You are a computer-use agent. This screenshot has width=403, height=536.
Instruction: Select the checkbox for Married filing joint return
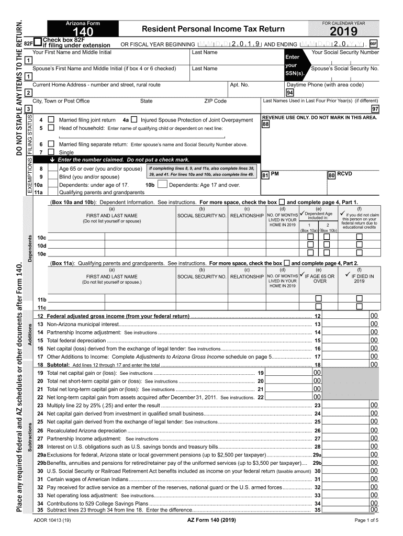(x=51, y=120)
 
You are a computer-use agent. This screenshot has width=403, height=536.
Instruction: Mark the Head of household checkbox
(x=51, y=128)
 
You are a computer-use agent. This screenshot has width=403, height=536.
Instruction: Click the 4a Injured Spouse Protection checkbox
(x=135, y=120)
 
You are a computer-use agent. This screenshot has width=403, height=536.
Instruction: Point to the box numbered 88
(x=266, y=125)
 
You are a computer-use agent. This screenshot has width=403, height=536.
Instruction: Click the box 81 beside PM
(x=265, y=175)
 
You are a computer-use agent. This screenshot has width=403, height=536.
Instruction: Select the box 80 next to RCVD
(x=331, y=175)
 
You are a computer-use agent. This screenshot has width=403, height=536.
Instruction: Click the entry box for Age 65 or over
(x=53, y=169)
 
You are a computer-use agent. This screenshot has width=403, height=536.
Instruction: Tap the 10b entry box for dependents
(x=162, y=184)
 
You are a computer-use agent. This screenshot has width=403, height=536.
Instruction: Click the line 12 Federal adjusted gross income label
(x=118, y=317)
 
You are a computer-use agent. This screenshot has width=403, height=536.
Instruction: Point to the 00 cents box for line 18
(x=374, y=364)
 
